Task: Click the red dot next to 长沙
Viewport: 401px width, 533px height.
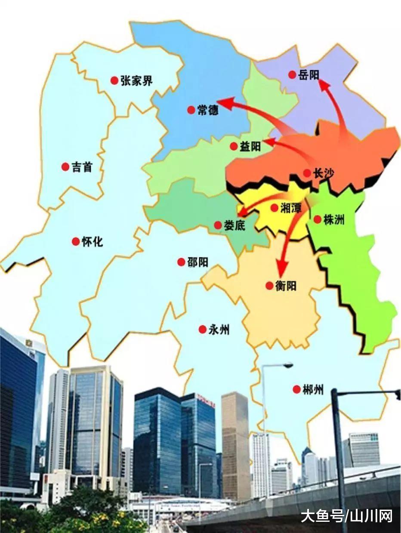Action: (x=307, y=173)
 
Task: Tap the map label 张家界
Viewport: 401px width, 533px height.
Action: (x=136, y=80)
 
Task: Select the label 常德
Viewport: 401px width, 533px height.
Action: (x=208, y=110)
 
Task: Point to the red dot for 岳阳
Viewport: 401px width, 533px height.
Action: (x=292, y=75)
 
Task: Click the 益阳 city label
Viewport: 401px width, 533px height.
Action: (x=250, y=147)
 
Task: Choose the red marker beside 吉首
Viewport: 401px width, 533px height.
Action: (x=65, y=166)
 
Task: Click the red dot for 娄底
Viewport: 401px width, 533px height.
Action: (x=218, y=225)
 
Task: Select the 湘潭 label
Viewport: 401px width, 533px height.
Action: (x=291, y=208)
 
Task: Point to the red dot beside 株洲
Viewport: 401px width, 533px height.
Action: (x=317, y=219)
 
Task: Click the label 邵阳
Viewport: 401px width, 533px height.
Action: (x=198, y=262)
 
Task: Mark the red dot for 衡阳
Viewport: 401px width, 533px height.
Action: (x=269, y=285)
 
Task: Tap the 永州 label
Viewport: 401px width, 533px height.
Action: (x=219, y=330)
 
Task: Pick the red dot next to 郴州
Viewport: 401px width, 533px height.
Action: (x=296, y=389)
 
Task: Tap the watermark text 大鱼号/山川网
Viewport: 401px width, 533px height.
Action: (x=346, y=516)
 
